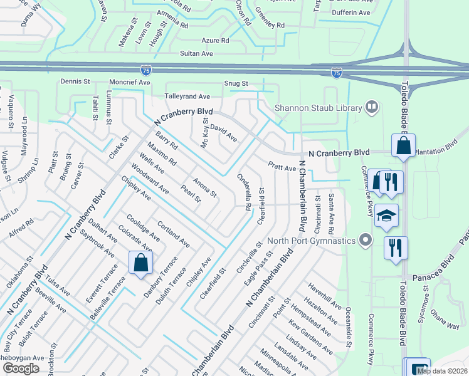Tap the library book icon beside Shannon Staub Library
[x=372, y=107]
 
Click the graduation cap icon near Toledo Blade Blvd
[x=386, y=215]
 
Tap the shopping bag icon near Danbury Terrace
[x=140, y=262]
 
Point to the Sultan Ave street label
[x=197, y=55]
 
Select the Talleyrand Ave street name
[x=187, y=97]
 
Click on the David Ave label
[x=223, y=132]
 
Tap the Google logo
[x=21, y=368]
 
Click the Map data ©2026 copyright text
[x=441, y=371]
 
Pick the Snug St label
[x=236, y=83]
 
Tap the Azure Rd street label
[x=215, y=40]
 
